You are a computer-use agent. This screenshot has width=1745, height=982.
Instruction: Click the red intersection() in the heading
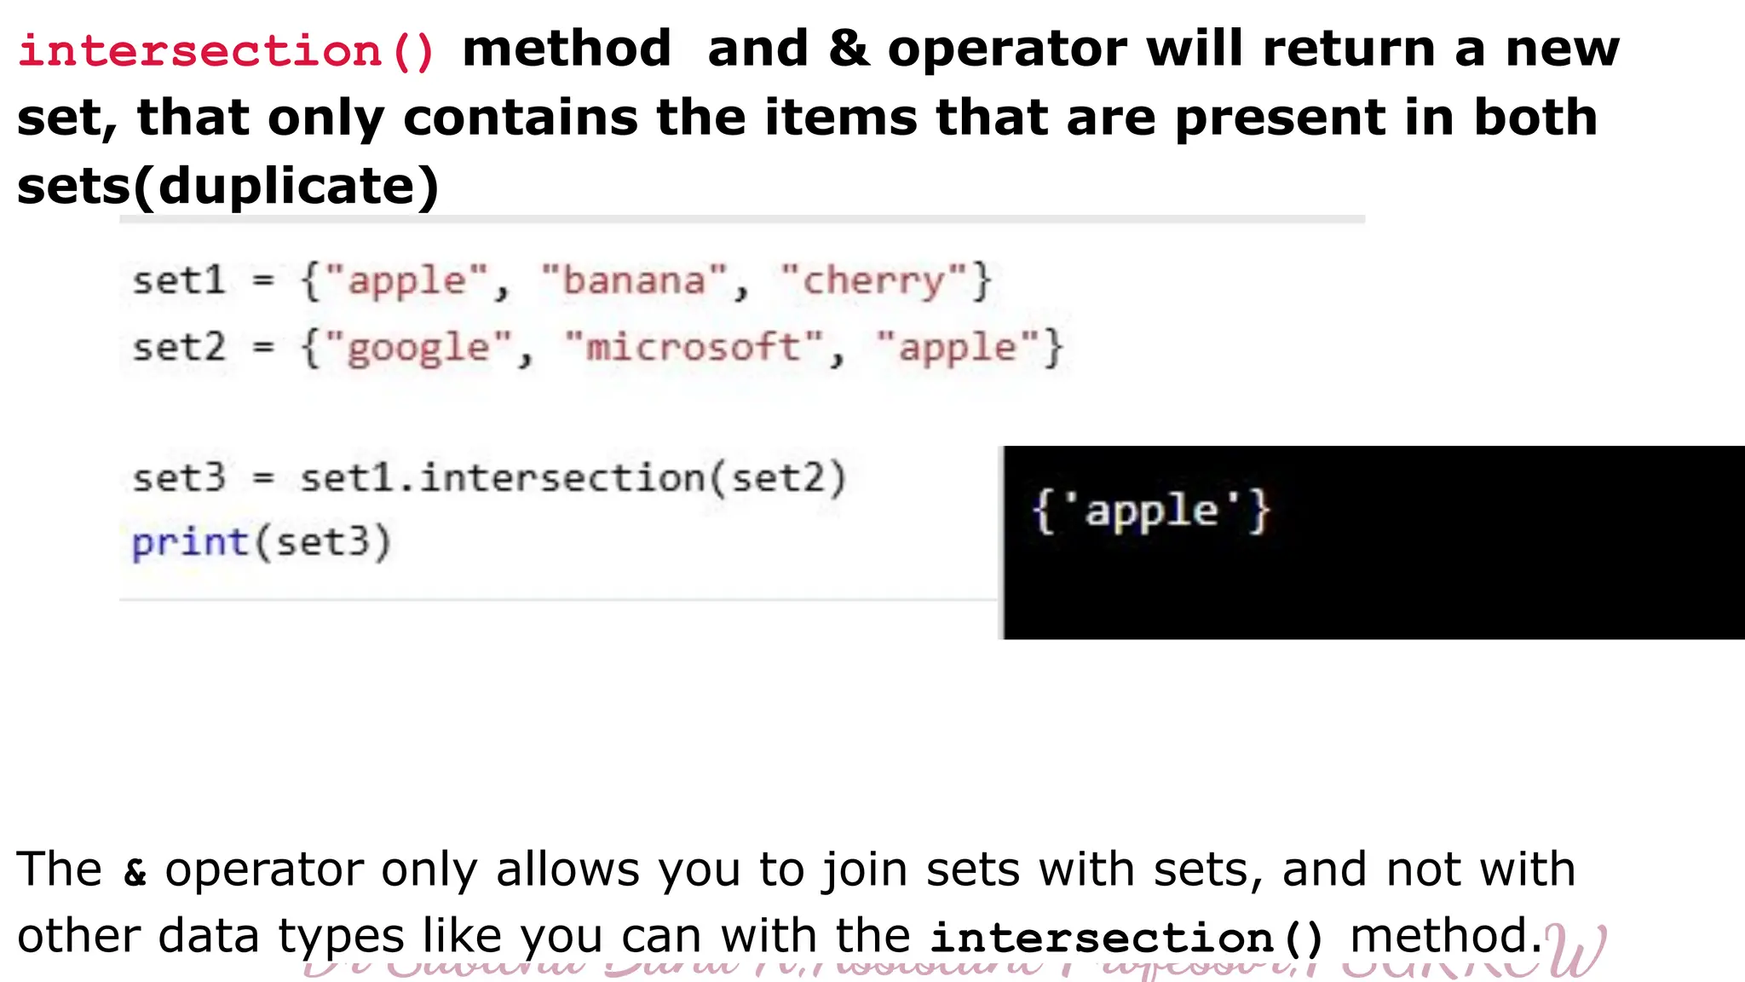click(x=227, y=51)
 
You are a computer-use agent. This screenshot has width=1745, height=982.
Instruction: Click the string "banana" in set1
click(x=635, y=281)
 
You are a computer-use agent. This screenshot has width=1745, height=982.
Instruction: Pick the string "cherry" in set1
click(x=874, y=281)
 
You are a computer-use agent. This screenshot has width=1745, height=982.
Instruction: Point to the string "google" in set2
click(x=418, y=348)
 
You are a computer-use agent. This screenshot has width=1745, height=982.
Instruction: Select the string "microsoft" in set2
click(x=694, y=348)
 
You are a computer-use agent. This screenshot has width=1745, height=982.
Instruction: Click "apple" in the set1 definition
click(x=407, y=281)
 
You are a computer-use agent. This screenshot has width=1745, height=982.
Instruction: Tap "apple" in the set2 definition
click(x=959, y=348)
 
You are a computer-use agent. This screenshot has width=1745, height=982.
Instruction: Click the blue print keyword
click(x=189, y=542)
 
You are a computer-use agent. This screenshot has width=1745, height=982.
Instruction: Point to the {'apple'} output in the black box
click(x=1151, y=511)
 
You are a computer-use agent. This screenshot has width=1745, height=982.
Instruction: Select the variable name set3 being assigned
click(x=179, y=477)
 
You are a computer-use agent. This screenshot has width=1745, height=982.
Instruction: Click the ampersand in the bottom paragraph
click(x=135, y=872)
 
